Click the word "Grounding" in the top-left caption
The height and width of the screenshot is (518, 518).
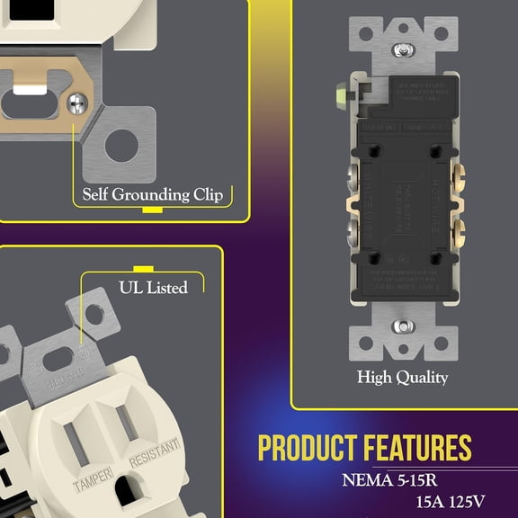[x=152, y=194]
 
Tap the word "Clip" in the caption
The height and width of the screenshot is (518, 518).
[x=210, y=194]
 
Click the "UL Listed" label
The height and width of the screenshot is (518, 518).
[x=153, y=288]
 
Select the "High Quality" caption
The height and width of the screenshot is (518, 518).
[x=402, y=377]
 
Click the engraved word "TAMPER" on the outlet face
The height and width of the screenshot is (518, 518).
[x=93, y=479]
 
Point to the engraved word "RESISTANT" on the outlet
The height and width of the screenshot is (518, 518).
[x=156, y=454]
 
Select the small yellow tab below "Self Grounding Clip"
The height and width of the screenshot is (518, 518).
[x=153, y=209]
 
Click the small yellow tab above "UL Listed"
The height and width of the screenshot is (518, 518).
[x=140, y=268]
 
